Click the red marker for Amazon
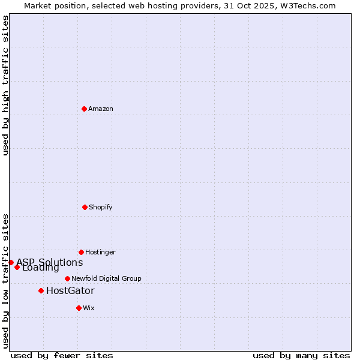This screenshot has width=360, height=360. coord(84,109)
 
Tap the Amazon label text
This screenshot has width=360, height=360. coord(101,109)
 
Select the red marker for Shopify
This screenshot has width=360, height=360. coord(85,207)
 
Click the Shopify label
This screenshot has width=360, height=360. coord(101,208)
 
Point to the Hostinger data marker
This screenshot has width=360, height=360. coord(81,252)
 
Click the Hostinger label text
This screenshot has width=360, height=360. coord(100,253)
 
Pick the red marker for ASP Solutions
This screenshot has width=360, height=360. coord(11,262)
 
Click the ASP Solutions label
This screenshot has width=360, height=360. coord(50,262)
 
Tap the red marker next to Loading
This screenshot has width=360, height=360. coord(17,267)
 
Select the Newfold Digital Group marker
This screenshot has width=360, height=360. coord(67,278)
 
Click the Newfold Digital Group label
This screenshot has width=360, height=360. coord(106,279)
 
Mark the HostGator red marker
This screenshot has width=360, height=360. coord(41,290)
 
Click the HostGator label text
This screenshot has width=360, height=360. coord(70,291)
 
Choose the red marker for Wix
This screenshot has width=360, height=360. coord(79,308)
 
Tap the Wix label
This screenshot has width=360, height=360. coord(89,308)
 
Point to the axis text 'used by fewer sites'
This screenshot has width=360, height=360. coord(62,355)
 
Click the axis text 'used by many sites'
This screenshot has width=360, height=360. coord(301,355)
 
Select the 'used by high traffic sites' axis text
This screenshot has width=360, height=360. coord(5,85)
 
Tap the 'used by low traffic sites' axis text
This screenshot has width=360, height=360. coord(5,280)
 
